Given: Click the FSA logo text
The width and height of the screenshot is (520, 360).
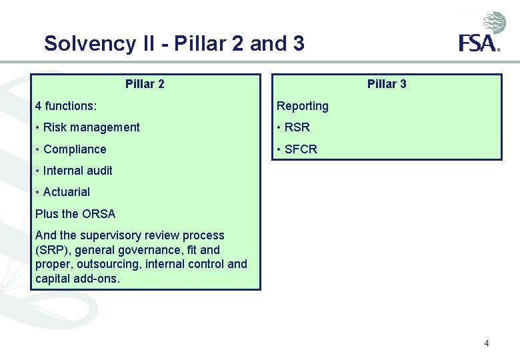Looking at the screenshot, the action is click(478, 44).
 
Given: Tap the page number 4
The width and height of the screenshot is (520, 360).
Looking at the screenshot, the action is click(487, 343).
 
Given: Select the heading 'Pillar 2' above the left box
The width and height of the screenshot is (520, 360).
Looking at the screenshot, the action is click(145, 84).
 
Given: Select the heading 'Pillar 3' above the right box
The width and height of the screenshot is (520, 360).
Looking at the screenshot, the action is click(387, 84).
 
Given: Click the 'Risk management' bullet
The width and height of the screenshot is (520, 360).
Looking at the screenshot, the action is click(91, 127).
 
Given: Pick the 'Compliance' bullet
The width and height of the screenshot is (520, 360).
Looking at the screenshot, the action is click(75, 149).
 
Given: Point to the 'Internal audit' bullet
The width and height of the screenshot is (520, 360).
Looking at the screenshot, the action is click(77, 171).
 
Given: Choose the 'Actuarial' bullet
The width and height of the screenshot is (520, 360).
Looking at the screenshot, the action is click(66, 192).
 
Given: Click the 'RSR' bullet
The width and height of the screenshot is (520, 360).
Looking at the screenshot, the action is click(297, 127).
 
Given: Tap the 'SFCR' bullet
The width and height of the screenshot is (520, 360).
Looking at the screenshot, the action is click(301, 149).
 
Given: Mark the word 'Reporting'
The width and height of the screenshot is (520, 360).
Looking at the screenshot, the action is click(303, 106).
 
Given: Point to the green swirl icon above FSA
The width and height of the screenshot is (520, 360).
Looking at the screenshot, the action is click(495, 23).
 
